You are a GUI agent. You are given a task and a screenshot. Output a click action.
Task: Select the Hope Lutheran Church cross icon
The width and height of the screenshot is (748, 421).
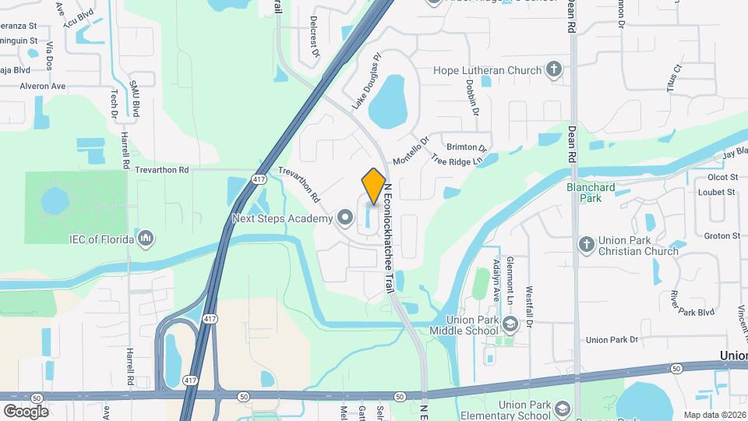[x=554, y=70]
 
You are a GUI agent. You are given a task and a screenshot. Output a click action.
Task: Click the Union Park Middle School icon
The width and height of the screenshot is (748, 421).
[x=510, y=324]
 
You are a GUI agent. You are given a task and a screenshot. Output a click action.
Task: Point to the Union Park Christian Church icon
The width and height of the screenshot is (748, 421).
[x=587, y=245]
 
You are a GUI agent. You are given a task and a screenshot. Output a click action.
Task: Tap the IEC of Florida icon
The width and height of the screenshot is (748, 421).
[x=146, y=239]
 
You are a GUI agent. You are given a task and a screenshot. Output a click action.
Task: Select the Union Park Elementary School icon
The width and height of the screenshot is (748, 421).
[x=562, y=408]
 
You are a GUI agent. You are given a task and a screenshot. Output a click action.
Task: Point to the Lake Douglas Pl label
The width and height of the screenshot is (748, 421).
[x=369, y=80]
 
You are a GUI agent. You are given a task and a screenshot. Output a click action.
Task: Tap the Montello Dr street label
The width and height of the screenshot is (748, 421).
[x=411, y=150]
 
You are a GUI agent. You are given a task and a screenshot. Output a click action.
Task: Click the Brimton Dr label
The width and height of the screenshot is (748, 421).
[x=467, y=147]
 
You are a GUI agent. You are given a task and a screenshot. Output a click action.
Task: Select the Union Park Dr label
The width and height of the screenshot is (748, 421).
[x=612, y=340]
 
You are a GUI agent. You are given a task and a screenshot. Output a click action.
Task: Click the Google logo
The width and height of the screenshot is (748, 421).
[x=26, y=411]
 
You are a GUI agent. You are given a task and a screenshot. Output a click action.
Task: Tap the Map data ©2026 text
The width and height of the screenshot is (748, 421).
[x=715, y=415]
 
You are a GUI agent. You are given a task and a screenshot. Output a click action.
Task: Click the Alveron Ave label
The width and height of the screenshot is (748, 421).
[x=43, y=87]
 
